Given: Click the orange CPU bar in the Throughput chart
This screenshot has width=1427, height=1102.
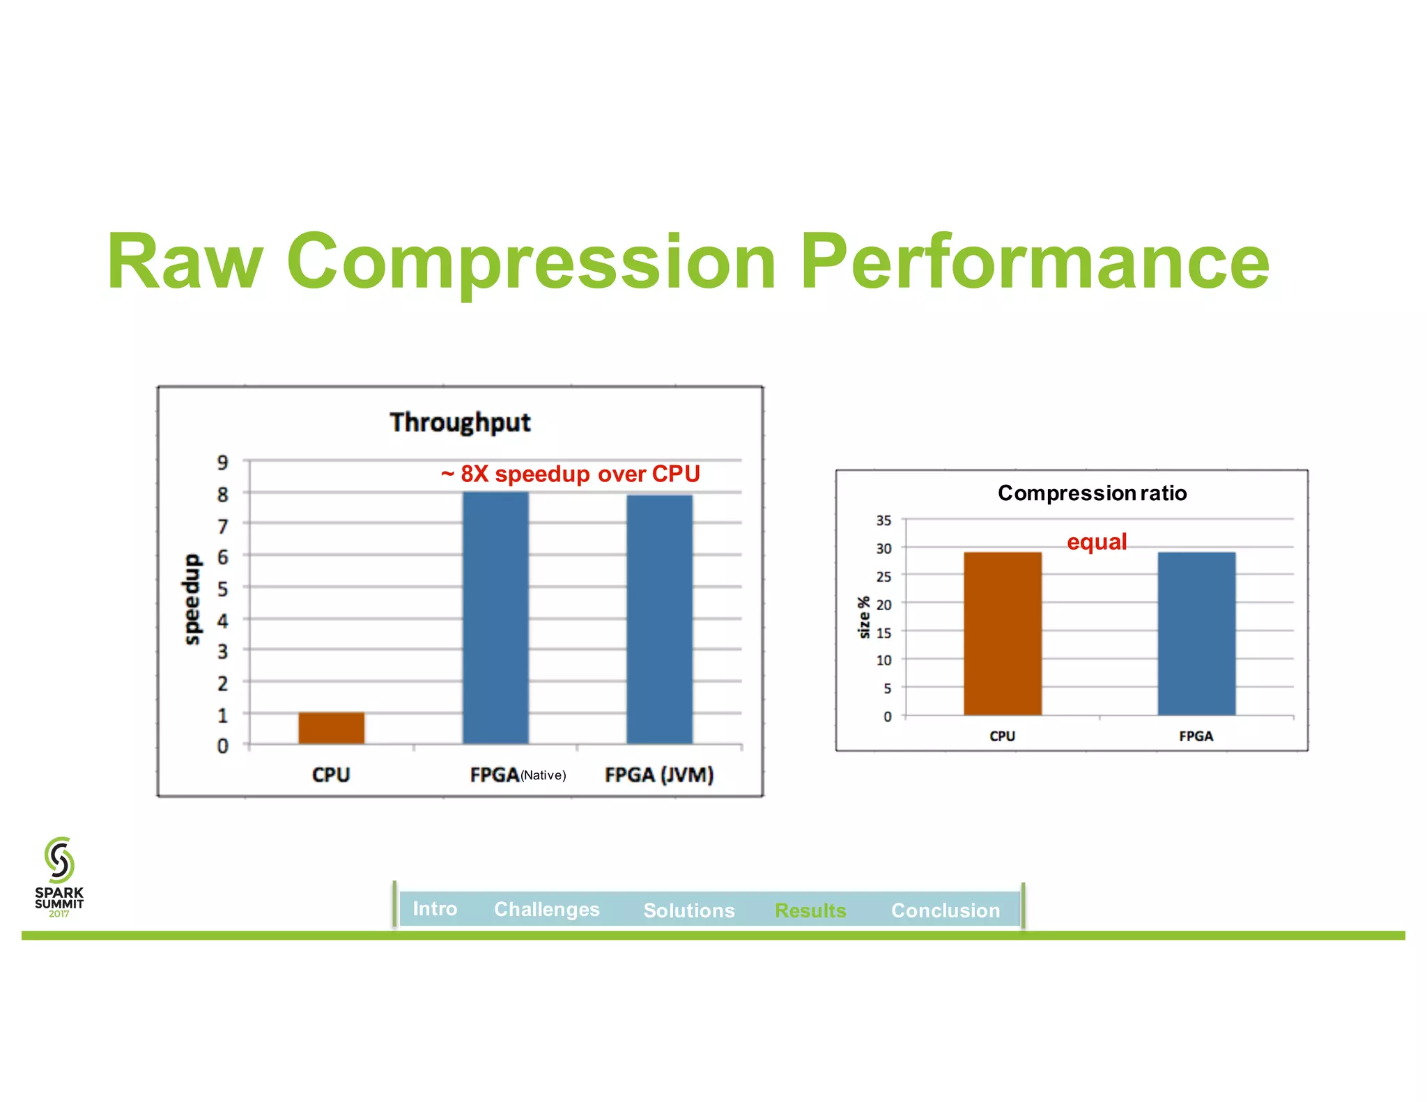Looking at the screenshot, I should point(331,728).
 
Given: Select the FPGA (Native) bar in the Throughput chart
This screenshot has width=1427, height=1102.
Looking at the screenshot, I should point(495,617).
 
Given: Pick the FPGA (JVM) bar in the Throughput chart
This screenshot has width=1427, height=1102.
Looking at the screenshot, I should point(659,619).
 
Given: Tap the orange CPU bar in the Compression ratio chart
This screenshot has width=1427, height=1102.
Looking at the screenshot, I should point(1002,633).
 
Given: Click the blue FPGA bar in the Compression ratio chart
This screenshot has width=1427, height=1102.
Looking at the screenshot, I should point(1196,633).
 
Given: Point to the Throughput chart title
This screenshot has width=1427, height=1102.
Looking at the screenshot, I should point(460,422).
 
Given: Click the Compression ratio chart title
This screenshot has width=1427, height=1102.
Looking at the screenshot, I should point(1092,493).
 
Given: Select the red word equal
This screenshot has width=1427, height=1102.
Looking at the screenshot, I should point(1096,542).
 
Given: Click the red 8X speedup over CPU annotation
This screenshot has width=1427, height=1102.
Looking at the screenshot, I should point(570,474).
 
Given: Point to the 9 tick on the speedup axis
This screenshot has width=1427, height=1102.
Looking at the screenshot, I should point(222,462).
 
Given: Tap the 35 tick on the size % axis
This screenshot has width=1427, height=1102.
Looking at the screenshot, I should point(883,520).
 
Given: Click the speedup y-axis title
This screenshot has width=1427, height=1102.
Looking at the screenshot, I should point(192,599).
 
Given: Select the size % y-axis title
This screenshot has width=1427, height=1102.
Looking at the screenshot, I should point(864,617).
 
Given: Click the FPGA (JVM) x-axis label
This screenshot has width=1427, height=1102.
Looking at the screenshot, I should point(658,775).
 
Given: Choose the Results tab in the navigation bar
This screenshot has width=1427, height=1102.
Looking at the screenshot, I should point(810,910).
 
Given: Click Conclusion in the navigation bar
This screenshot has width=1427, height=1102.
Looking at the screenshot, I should point(945,910).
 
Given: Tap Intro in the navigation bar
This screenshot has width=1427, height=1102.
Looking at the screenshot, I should point(435,909).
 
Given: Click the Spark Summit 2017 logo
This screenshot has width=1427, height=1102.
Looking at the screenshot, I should point(59,876).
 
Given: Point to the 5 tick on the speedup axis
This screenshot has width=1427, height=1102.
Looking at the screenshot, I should point(222,589).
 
